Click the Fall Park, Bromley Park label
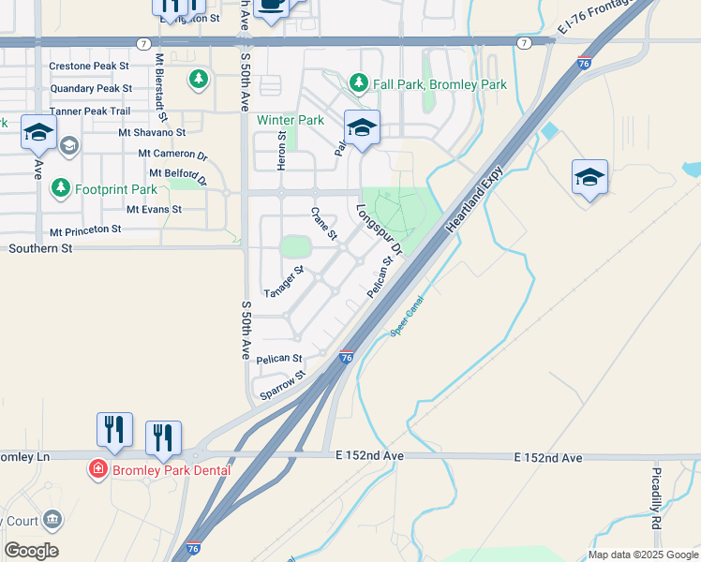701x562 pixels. click(440, 84)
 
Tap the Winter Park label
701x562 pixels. click(291, 120)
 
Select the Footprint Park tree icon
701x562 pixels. click(61, 187)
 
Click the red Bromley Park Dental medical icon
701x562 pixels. click(97, 468)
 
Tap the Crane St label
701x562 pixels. click(323, 224)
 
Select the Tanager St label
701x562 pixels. click(284, 281)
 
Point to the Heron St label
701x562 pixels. click(282, 148)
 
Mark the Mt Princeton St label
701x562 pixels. click(85, 229)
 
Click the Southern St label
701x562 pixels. click(40, 248)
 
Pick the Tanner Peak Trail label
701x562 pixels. click(90, 111)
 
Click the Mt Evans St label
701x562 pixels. click(154, 210)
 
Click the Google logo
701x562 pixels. click(31, 551)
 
